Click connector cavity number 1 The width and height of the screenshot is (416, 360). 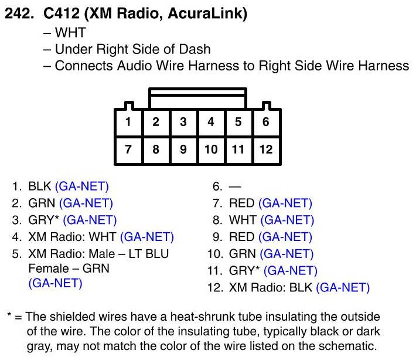pyautogui.click(x=128, y=123)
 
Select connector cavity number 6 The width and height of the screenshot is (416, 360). pyautogui.click(x=266, y=123)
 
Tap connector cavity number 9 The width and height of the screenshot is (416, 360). pyautogui.click(x=183, y=150)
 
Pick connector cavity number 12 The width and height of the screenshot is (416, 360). pyautogui.click(x=266, y=150)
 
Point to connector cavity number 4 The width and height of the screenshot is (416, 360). pyautogui.click(x=211, y=123)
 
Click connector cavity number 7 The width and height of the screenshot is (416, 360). pyautogui.click(x=128, y=150)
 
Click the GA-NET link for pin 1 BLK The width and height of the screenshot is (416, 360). pyautogui.click(x=81, y=187)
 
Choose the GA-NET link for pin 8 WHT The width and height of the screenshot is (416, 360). pyautogui.click(x=287, y=220)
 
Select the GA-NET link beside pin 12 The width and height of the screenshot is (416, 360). pyautogui.click(x=343, y=288)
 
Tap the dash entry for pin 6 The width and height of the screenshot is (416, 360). pyautogui.click(x=234, y=187)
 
